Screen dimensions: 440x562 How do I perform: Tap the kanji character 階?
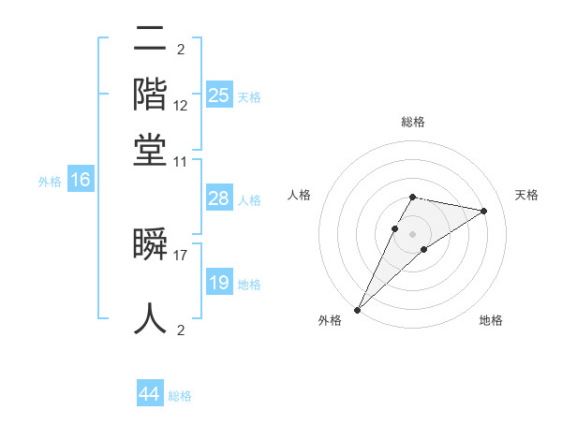pyautogui.click(x=151, y=95)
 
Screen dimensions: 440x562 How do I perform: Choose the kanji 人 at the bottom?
pyautogui.click(x=151, y=318)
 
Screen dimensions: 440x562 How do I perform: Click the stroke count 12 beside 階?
pyautogui.click(x=181, y=105)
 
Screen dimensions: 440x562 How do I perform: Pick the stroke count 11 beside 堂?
pyautogui.click(x=181, y=161)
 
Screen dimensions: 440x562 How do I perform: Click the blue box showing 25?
pyautogui.click(x=219, y=95)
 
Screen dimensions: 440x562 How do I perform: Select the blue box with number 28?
pyautogui.click(x=219, y=198)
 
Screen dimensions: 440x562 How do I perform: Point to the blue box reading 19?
pyautogui.click(x=219, y=283)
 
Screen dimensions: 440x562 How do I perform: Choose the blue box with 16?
pyautogui.click(x=81, y=181)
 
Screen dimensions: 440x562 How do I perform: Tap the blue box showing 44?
pyautogui.click(x=150, y=394)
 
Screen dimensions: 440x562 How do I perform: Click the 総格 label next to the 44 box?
pyautogui.click(x=180, y=396)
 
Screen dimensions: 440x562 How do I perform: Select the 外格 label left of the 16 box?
pyautogui.click(x=49, y=182)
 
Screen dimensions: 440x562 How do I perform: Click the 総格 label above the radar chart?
pyautogui.click(x=412, y=122)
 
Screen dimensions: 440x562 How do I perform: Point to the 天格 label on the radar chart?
pyautogui.click(x=526, y=195)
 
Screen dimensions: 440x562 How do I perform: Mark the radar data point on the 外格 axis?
pyautogui.click(x=357, y=310)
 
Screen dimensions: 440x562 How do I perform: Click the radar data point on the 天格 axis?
pyautogui.click(x=484, y=211)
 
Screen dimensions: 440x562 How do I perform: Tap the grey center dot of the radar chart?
pyautogui.click(x=412, y=233)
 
